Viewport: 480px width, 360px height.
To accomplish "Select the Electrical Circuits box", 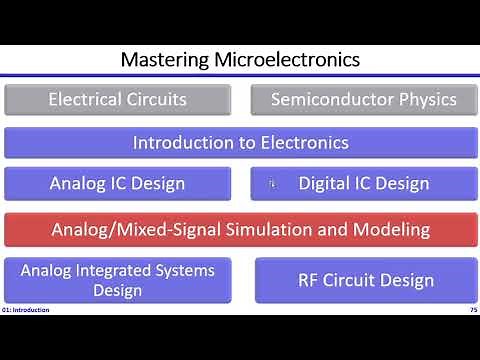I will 118,99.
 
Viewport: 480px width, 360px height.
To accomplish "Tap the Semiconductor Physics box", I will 363,99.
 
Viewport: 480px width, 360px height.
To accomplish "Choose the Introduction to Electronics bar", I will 240,142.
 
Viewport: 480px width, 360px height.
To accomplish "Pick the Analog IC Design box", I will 118,183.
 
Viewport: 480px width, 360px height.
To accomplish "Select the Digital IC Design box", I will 363,183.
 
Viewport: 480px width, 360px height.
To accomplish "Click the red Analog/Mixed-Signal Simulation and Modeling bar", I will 240,229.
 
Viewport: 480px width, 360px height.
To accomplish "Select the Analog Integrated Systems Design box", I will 118,280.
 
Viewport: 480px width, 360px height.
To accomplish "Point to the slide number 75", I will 471,310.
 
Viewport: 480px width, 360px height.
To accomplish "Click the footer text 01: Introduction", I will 26,310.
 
